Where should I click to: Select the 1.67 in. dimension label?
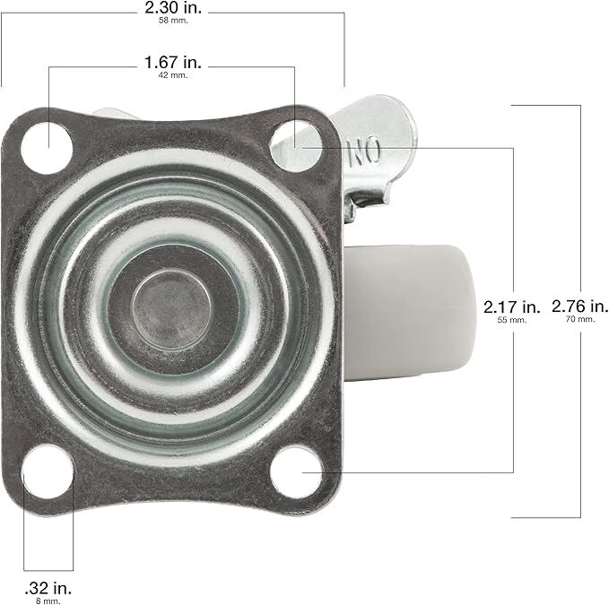tap(172, 64)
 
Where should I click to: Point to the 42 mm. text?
tap(172, 77)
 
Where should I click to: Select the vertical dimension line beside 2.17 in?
tap(513, 224)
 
